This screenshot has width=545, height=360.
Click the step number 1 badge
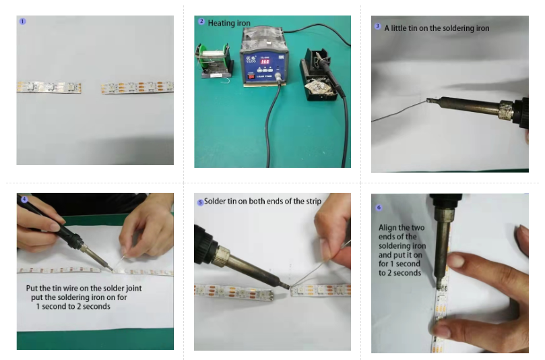click(x=23, y=21)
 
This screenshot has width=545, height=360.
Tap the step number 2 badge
click(x=201, y=22)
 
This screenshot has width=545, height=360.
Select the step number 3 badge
click(x=378, y=26)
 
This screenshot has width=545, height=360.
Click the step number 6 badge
click(x=379, y=208)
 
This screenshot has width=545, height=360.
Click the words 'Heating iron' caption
click(x=229, y=24)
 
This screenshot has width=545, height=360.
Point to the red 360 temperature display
click(x=265, y=61)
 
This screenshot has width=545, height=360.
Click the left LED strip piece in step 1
click(x=49, y=87)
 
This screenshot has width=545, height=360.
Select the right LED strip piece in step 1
click(x=137, y=87)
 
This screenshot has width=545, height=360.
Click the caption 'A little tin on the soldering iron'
click(x=437, y=28)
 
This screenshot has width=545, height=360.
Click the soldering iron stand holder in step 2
click(x=319, y=75)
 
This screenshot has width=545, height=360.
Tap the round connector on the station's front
click(x=278, y=76)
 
